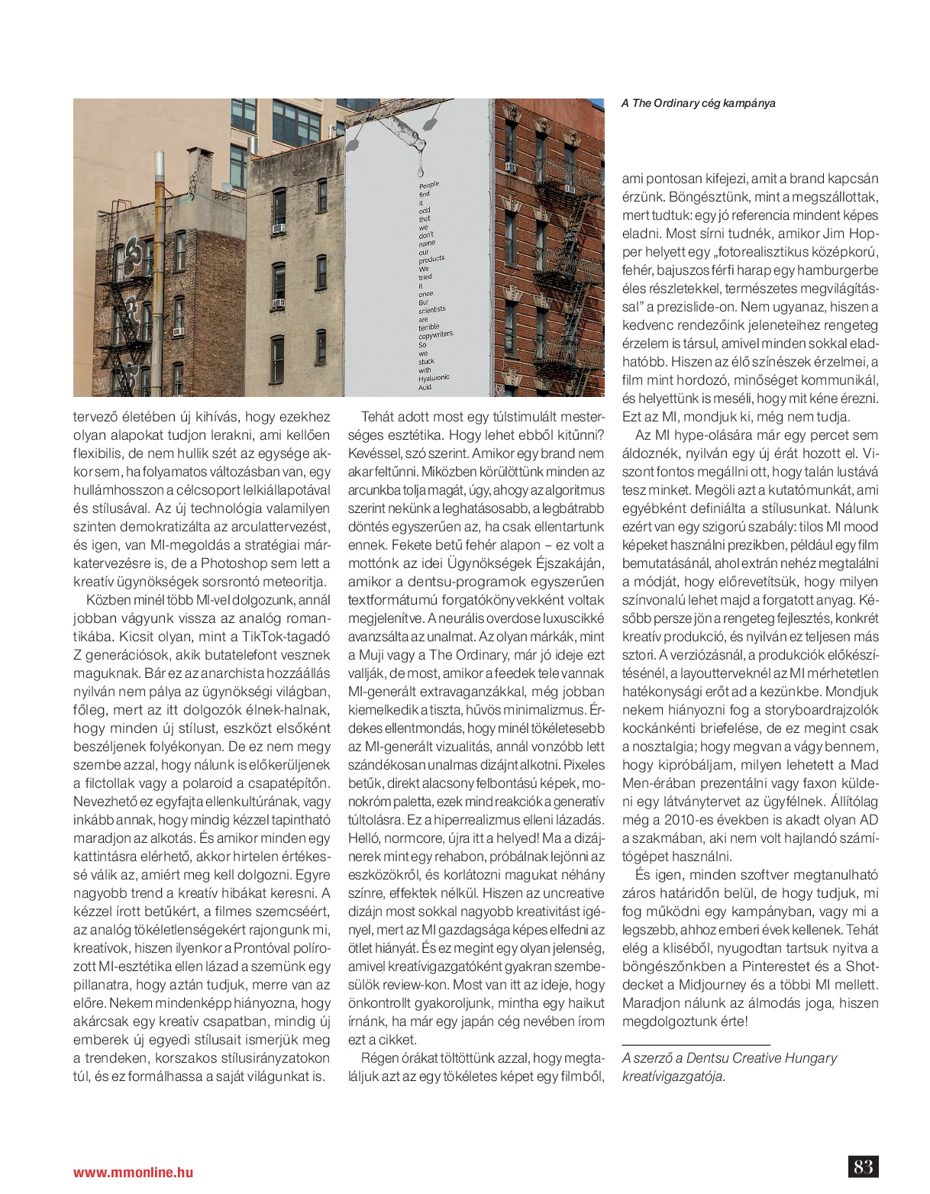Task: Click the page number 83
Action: point(863,1167)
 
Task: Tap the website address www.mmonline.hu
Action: point(133,1173)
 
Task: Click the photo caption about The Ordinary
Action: point(698,103)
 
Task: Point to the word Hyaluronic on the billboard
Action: point(434,378)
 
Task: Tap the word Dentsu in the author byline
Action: point(706,1058)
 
